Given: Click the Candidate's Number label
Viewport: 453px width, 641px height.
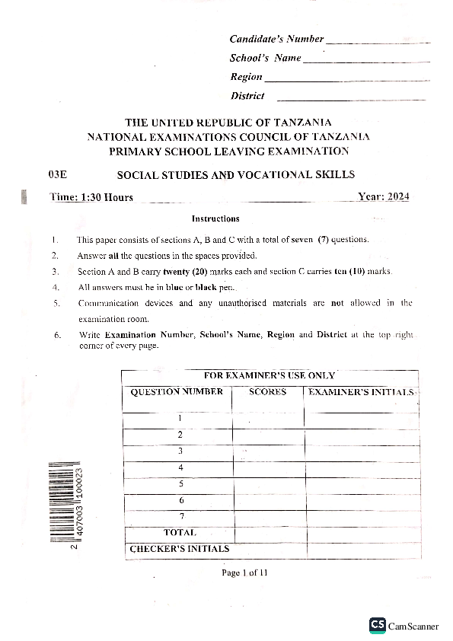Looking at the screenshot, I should click(276, 39).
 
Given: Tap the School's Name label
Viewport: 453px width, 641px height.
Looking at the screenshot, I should click(266, 58).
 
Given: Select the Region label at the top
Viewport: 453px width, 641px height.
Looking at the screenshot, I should click(246, 77).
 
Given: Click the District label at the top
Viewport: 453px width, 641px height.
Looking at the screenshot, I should click(247, 96).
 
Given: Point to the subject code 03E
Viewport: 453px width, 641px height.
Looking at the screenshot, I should click(58, 175).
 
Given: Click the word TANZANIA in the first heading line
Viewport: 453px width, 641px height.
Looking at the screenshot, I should click(301, 122).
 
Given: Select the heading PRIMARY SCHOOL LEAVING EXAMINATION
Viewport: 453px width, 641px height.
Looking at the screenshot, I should click(228, 151).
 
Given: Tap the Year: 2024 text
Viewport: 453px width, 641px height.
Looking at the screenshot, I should click(384, 197).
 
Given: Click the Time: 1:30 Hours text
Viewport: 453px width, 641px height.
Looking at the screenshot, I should click(91, 197).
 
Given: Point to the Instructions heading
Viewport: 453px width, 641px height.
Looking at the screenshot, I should click(215, 219).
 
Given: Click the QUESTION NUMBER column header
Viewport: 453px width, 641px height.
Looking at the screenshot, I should click(177, 392).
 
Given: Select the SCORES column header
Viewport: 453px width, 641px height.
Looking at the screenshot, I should click(268, 392).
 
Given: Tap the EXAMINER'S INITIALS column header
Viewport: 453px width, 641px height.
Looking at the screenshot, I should click(361, 392).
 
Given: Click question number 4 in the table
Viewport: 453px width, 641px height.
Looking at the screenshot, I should click(180, 467).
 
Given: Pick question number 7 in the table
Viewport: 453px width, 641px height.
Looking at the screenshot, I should click(180, 516).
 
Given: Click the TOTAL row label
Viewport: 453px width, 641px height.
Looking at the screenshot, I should click(180, 533).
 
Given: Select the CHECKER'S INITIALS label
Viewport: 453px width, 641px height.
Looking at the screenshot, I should click(179, 548).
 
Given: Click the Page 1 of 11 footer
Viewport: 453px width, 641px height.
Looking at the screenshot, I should click(244, 572).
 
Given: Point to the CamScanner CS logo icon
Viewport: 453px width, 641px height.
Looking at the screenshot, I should click(377, 625).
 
